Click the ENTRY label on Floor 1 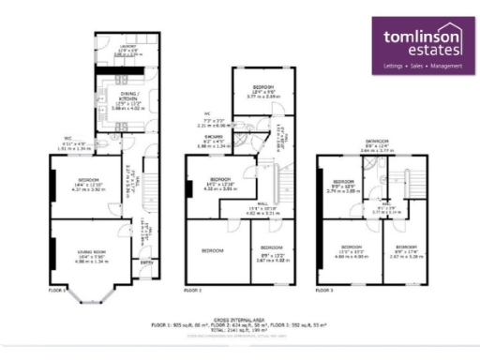pos(145,263)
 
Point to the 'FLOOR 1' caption pos(57,291)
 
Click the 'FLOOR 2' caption pos(193,291)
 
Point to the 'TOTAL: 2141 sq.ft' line pos(239,330)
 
